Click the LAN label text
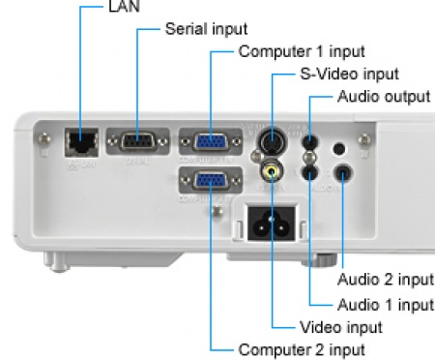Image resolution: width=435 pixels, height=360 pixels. [x=124, y=7]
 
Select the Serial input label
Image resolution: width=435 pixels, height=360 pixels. [x=206, y=29]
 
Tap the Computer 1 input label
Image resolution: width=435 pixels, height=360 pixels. [x=302, y=51]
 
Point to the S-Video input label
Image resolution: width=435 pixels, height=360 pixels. [x=350, y=75]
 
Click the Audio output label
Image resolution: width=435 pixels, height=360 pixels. [x=384, y=97]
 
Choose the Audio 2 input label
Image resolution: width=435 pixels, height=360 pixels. [x=386, y=280]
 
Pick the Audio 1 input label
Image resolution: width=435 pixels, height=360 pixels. [x=386, y=305]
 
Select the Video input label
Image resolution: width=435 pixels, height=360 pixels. [x=341, y=327]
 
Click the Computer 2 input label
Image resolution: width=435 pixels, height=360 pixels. [x=302, y=349]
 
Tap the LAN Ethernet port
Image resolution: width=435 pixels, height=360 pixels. [x=82, y=142]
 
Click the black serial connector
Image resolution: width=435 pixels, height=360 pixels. [x=137, y=141]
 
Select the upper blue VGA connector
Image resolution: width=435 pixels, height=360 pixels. [x=211, y=141]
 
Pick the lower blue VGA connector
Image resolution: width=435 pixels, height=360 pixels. [x=211, y=180]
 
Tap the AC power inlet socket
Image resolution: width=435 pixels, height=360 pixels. [x=272, y=224]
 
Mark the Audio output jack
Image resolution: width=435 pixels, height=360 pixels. [x=309, y=141]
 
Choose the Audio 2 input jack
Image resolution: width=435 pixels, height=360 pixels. [x=343, y=172]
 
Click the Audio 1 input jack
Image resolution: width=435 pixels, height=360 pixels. [x=309, y=172]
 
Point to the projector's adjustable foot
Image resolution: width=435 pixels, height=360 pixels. [x=320, y=260]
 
